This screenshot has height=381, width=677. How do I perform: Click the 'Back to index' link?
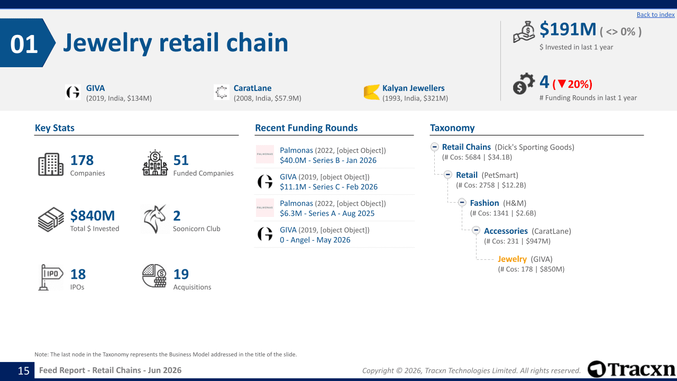(655, 14)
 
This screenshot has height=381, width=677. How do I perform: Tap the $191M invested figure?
(568, 30)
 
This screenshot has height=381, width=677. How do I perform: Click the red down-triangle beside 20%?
(562, 84)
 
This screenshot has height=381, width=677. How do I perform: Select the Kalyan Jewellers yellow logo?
(371, 92)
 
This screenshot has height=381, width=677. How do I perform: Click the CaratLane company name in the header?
(252, 88)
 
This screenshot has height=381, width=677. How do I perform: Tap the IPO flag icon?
(50, 277)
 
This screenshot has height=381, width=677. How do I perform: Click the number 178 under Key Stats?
(82, 160)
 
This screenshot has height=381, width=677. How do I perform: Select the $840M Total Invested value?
(93, 215)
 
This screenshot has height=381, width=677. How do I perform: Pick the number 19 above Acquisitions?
(181, 274)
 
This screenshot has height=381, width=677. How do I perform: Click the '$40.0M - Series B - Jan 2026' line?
(328, 160)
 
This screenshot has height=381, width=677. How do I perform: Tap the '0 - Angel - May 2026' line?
(315, 240)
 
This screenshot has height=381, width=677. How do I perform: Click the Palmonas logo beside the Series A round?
(265, 208)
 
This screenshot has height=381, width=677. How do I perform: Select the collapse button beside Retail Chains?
(435, 147)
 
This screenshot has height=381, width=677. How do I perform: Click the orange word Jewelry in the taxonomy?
(512, 259)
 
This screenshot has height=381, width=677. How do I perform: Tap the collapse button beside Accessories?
(476, 230)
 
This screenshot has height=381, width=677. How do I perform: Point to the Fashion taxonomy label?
(484, 203)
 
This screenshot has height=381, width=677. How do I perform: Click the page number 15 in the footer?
(24, 371)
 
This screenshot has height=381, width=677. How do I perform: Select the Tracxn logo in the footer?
(631, 369)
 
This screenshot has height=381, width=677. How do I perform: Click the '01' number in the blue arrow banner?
(24, 44)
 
